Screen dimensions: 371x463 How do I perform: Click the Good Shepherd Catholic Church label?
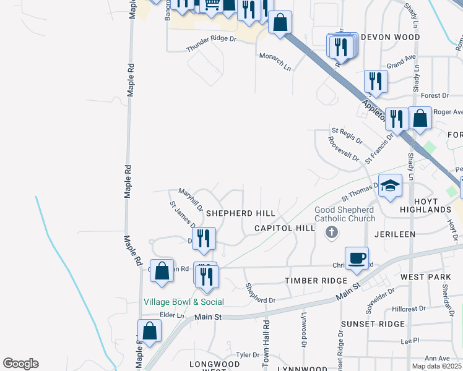pyautogui.click(x=345, y=214)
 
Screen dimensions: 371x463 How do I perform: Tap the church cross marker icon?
pyautogui.click(x=332, y=232)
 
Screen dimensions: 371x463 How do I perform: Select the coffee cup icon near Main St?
pyautogui.click(x=357, y=258)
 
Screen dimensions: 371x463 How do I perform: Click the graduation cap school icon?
pyautogui.click(x=390, y=185)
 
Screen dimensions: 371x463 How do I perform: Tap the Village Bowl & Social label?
pyautogui.click(x=184, y=302)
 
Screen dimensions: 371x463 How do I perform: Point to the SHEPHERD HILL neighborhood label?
pyautogui.click(x=240, y=213)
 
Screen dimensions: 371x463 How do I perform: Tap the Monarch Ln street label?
pyautogui.click(x=275, y=61)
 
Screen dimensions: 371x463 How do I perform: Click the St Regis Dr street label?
pyautogui.click(x=347, y=135)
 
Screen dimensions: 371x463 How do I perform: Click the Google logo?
pyautogui.click(x=20, y=364)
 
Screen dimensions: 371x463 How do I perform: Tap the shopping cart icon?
pyautogui.click(x=212, y=5)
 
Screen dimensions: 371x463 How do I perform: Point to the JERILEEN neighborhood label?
pyautogui.click(x=395, y=235)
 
